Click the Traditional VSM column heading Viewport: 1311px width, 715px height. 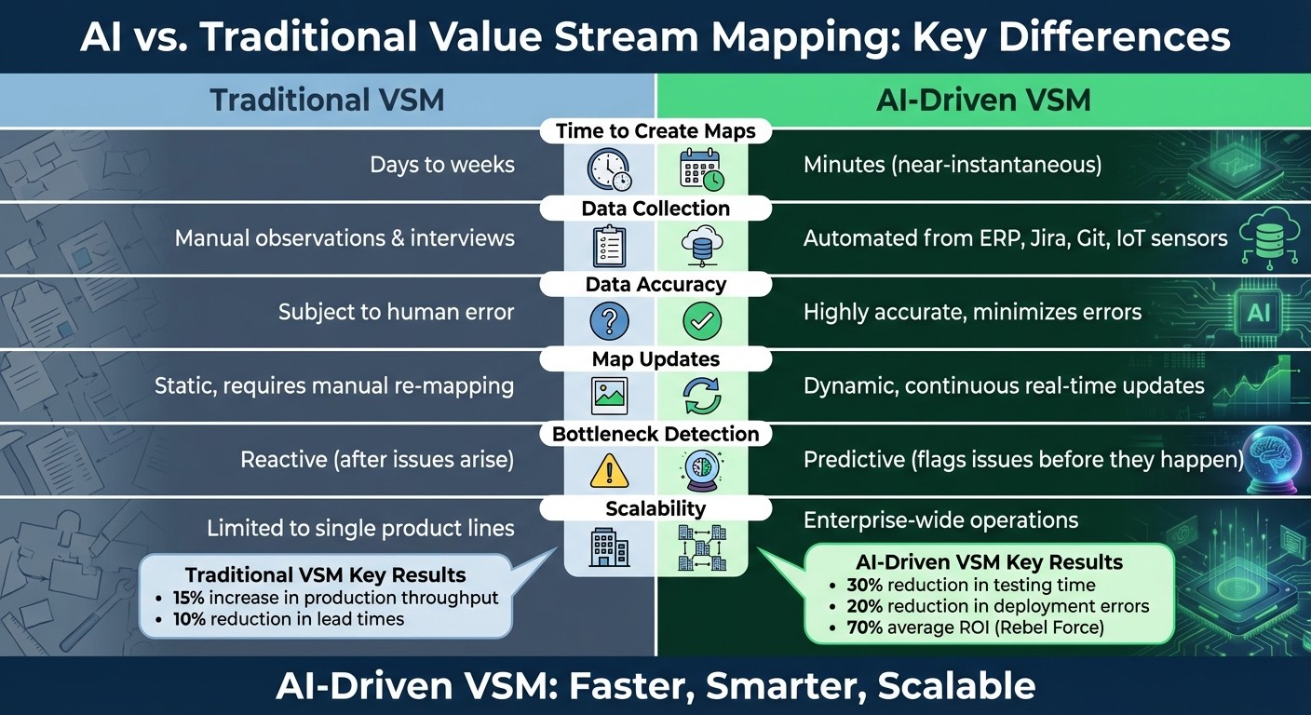click(327, 100)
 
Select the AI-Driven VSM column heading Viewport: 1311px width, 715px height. click(983, 100)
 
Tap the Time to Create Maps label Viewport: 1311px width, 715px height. click(655, 131)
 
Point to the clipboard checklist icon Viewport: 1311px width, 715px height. click(609, 246)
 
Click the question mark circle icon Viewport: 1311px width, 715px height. click(610, 321)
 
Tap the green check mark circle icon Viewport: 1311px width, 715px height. click(702, 321)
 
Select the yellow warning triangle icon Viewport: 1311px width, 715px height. click(610, 471)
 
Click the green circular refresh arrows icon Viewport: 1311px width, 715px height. click(702, 396)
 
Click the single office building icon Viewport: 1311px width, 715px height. click(610, 546)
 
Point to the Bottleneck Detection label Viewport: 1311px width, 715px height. click(655, 434)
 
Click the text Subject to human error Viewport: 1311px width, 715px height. click(396, 312)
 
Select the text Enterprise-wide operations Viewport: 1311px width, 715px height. click(940, 520)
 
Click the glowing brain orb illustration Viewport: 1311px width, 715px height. click(1275, 455)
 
